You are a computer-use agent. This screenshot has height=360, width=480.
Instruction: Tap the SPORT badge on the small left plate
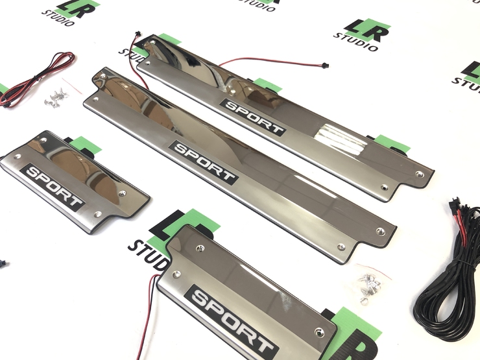point(53,187)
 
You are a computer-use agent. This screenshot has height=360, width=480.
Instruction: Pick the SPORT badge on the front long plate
point(204,162)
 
